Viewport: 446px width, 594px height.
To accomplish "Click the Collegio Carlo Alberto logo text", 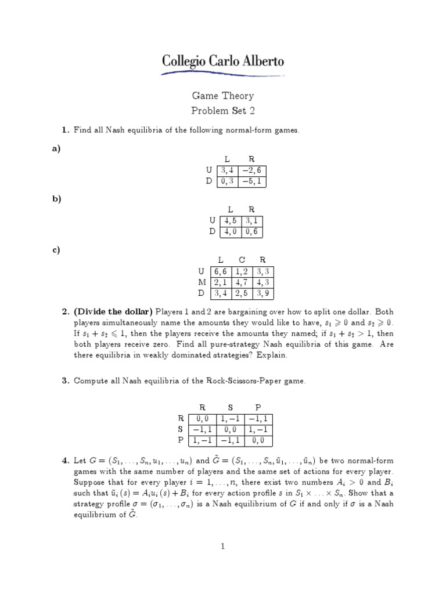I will click(223, 61).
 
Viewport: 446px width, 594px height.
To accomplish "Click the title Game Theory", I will click(223, 96).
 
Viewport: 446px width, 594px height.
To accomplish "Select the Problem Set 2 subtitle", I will click(223, 110).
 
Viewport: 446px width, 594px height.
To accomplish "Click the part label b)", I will click(57, 198).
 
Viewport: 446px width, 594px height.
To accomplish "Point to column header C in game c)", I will click(242, 260).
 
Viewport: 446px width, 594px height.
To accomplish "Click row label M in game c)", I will click(203, 282).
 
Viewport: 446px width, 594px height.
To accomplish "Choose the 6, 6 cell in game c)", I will click(221, 271).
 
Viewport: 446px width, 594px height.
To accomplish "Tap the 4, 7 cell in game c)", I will click(242, 282).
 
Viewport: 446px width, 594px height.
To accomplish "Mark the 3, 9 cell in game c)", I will click(263, 293).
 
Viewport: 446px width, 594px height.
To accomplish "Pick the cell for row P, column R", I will click(202, 440).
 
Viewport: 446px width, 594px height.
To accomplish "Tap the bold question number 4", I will click(66, 461).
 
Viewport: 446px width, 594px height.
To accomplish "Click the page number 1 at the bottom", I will click(223, 546).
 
